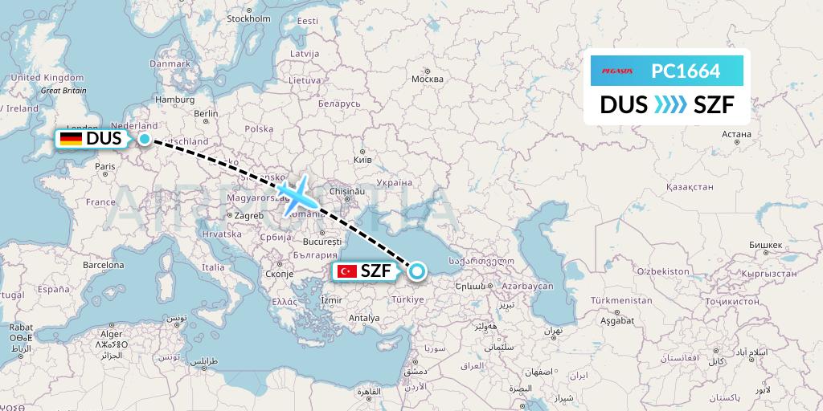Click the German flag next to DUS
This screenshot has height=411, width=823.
tap(71, 139)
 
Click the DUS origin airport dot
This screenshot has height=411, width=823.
tap(144, 139)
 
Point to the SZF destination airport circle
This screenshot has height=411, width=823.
tap(416, 271)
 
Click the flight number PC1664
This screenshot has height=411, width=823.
tap(686, 71)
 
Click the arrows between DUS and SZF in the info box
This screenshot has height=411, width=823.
tap(670, 104)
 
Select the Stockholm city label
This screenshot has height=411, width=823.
tap(248, 18)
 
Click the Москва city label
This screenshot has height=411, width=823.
tap(427, 79)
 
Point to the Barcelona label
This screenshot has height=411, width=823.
tap(103, 264)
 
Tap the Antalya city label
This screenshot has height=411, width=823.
tap(364, 318)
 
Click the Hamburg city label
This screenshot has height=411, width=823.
tap(176, 100)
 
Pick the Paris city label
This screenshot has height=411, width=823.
tap(105, 166)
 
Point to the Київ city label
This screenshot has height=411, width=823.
tap(363, 160)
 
